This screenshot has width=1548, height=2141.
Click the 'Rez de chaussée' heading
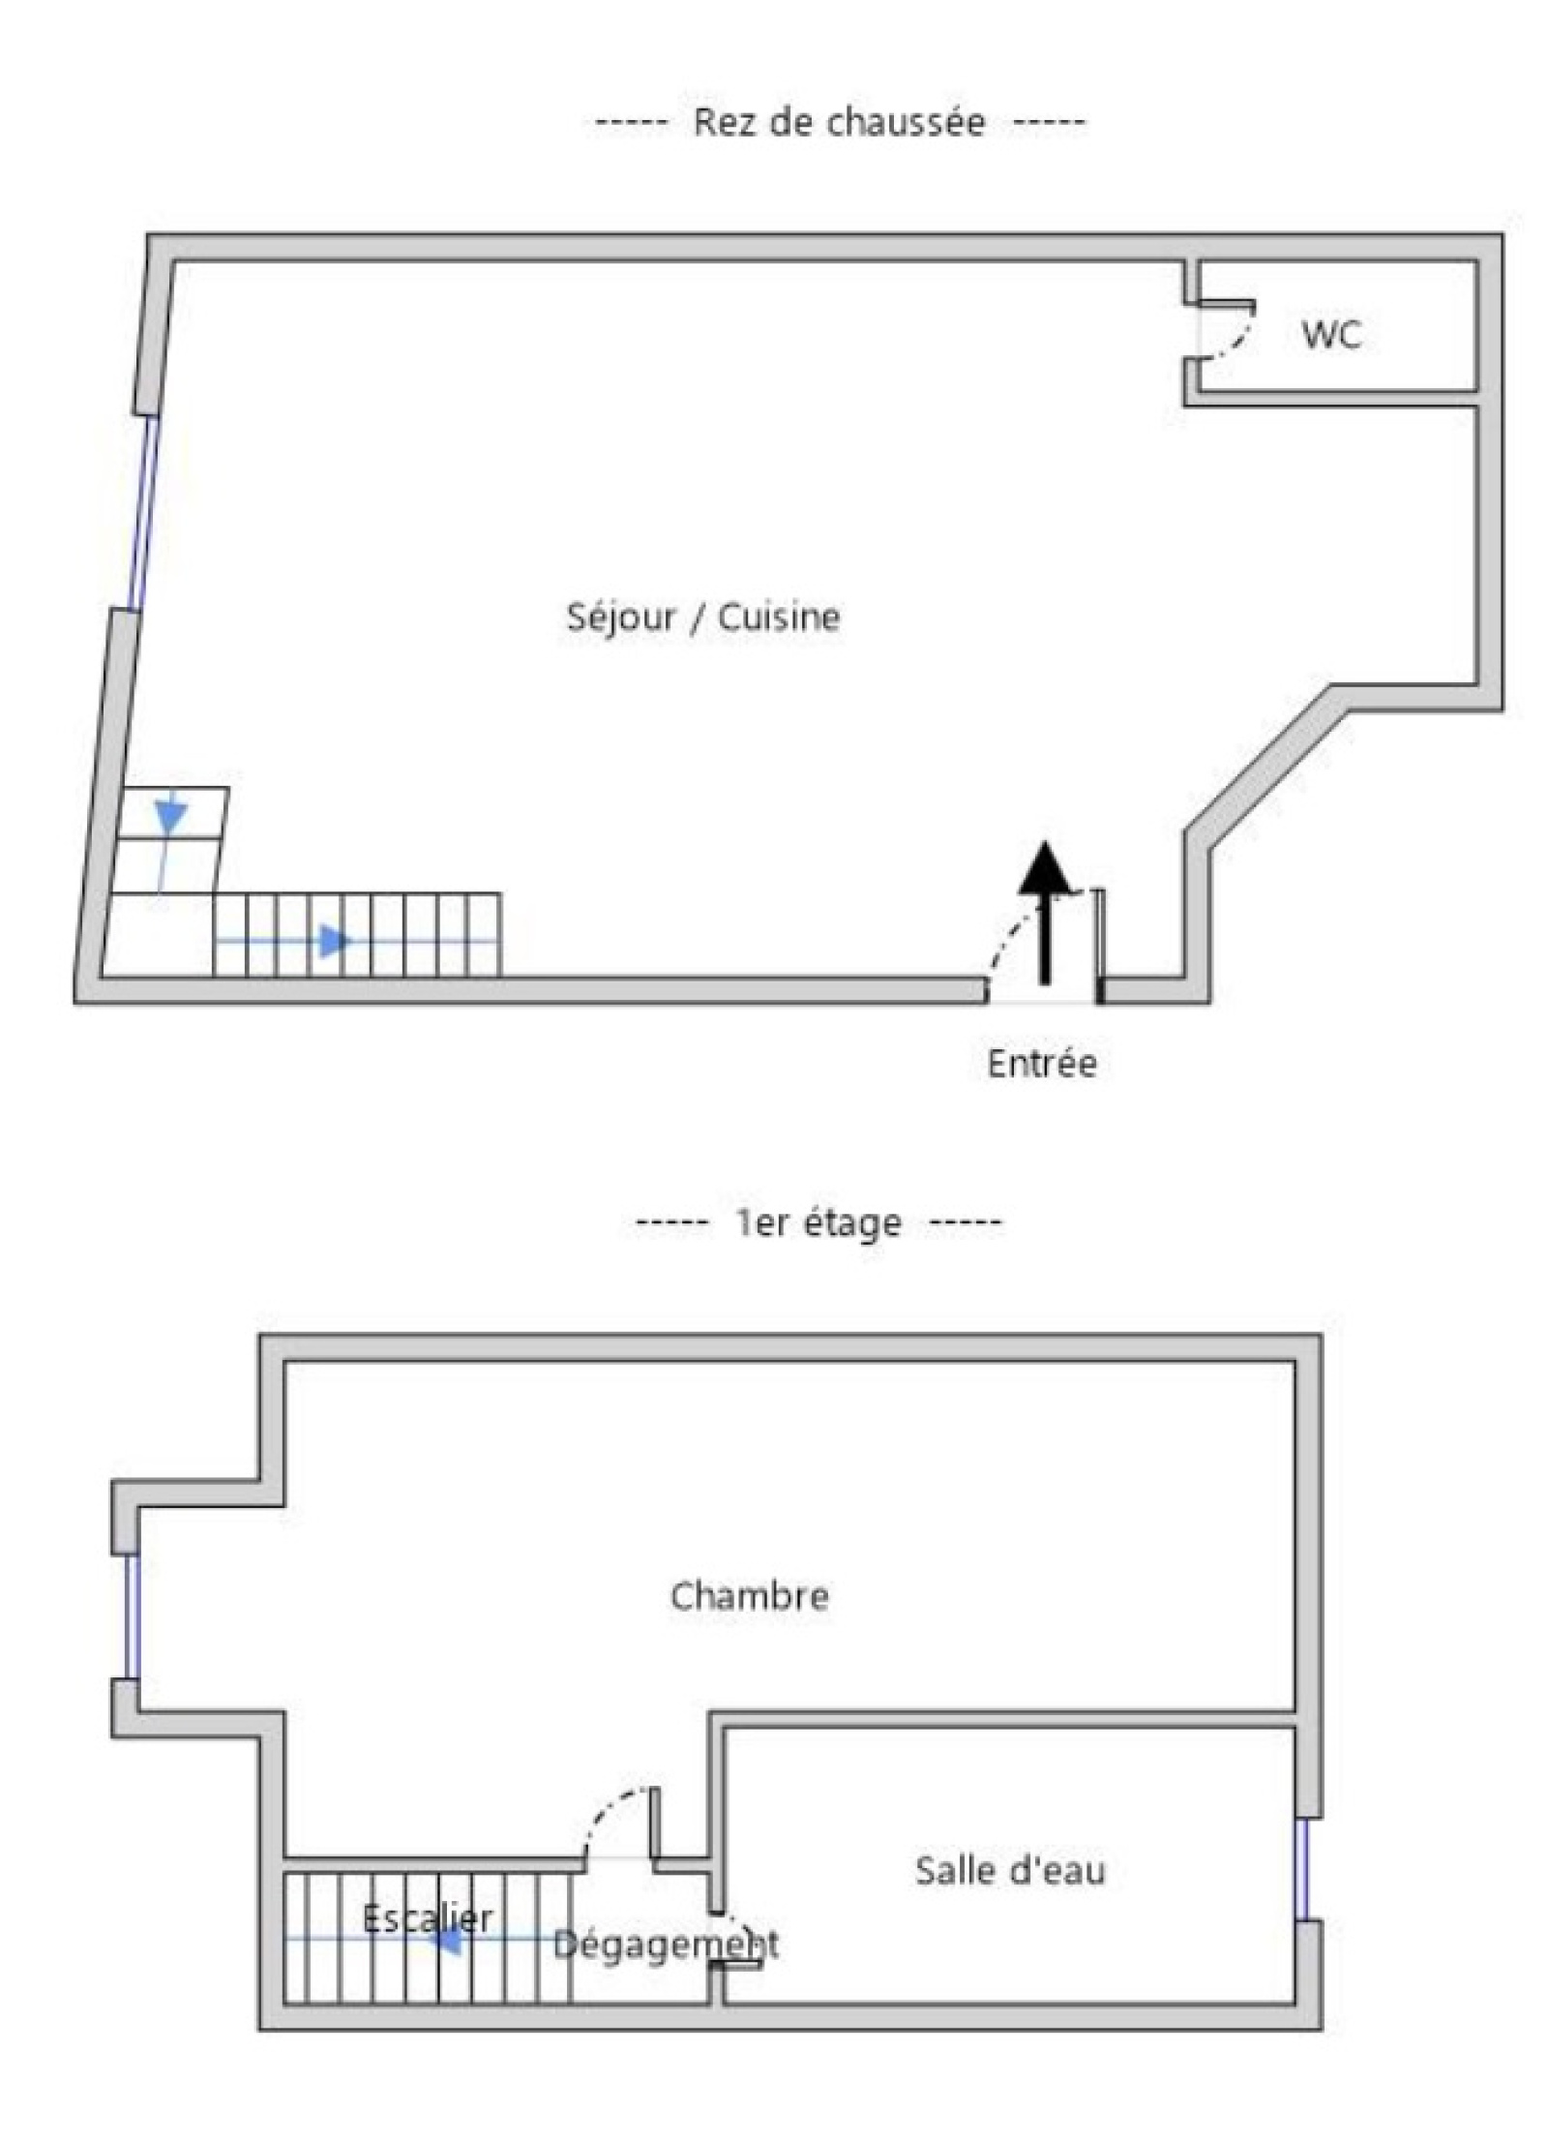pos(839,123)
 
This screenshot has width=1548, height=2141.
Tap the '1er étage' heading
pos(819,1222)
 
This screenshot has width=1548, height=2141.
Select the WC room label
pos(1331,334)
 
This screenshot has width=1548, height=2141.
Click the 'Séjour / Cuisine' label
pos(703,617)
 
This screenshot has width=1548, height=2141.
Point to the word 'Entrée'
pos(1042,1063)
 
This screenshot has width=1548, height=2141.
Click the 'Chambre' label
pos(750,1596)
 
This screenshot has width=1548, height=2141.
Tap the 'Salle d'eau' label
pos(1010,1870)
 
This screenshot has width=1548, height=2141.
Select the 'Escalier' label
pos(428,1917)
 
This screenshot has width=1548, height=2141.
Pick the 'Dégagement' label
pos(666,1944)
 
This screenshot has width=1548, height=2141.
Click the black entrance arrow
pos(1045,914)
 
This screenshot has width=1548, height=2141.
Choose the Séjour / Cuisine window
pos(144,513)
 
